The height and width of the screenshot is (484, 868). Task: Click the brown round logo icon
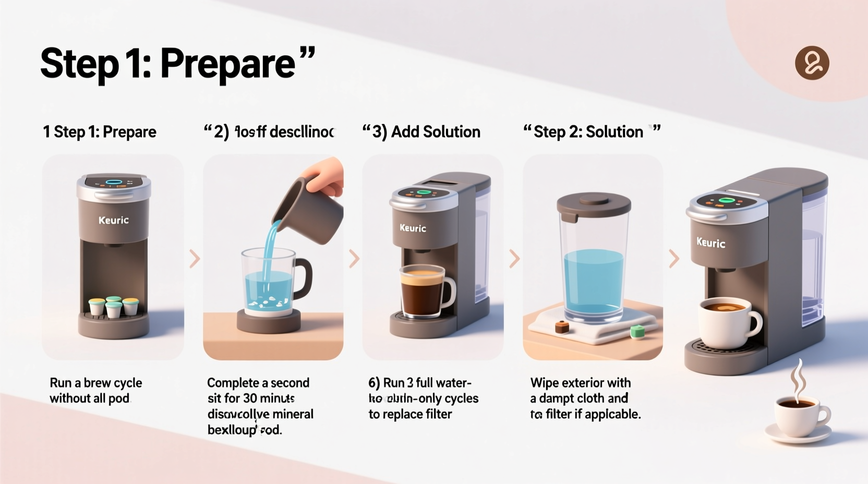pyautogui.click(x=812, y=63)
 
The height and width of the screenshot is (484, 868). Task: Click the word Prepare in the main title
pyautogui.click(x=228, y=64)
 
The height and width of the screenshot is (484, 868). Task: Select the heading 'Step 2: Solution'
pyautogui.click(x=588, y=132)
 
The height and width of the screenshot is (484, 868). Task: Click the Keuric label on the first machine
pyautogui.click(x=113, y=220)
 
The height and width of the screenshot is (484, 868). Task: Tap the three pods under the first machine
pyautogui.click(x=113, y=307)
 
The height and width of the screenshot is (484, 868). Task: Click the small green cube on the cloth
pyautogui.click(x=637, y=332)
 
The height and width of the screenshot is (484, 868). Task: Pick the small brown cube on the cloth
pyautogui.click(x=561, y=327)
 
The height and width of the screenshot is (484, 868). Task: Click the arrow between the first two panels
pyautogui.click(x=195, y=259)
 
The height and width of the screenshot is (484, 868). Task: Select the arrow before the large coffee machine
pyautogui.click(x=674, y=259)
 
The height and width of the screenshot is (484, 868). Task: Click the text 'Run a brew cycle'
pyautogui.click(x=95, y=383)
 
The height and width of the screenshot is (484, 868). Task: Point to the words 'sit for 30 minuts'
pyautogui.click(x=251, y=398)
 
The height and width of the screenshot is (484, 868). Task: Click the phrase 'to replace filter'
pyautogui.click(x=410, y=414)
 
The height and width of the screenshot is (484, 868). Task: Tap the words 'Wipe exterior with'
pyautogui.click(x=580, y=383)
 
